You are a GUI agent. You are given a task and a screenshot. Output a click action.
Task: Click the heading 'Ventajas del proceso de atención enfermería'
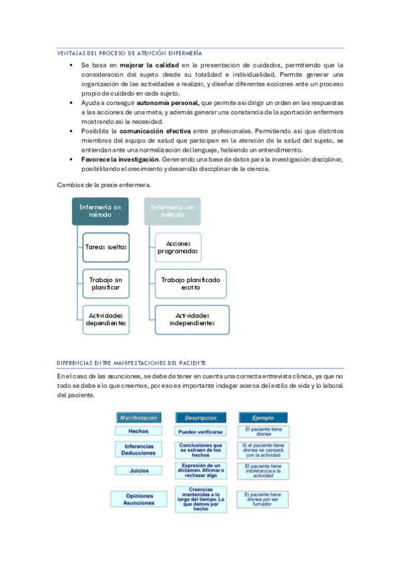[130, 52]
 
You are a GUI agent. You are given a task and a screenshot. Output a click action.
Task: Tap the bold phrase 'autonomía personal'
[168, 104]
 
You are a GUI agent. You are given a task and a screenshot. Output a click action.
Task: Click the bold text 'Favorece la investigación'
[120, 160]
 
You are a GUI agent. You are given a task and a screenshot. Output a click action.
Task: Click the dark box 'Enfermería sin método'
[100, 211]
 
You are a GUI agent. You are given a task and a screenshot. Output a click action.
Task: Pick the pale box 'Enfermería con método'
[172, 211]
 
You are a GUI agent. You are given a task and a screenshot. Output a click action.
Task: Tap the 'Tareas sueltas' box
[105, 247]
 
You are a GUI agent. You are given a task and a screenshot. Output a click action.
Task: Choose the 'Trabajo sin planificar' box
[105, 283]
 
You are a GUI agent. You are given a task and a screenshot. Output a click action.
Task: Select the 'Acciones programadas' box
[178, 247]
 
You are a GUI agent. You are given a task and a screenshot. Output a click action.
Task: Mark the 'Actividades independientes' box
[192, 319]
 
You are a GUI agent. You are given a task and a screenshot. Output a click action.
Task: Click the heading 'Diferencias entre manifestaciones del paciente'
[132, 363]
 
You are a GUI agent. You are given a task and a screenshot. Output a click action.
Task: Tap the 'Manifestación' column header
[138, 417]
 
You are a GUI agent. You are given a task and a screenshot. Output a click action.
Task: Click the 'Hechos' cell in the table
[138, 432]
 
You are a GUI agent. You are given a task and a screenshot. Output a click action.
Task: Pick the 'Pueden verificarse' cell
[200, 432]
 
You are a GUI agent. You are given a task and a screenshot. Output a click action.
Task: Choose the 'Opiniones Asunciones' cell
[138, 499]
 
